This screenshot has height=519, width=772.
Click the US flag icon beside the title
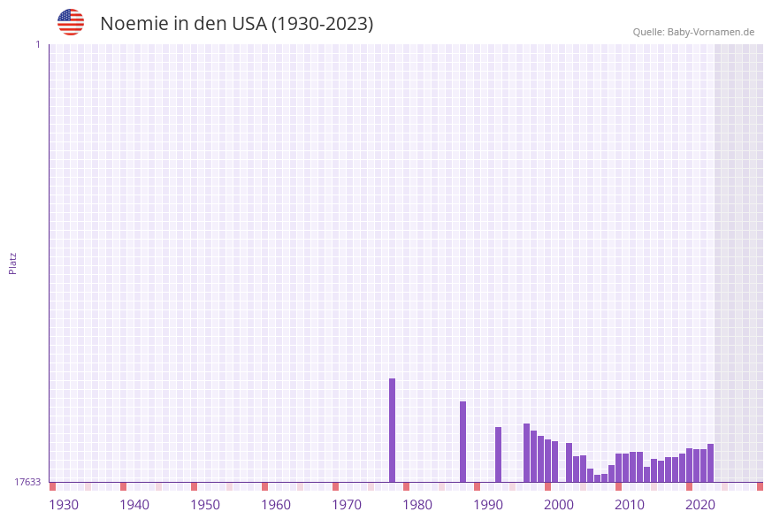point(71,22)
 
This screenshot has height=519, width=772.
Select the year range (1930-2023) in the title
point(322,24)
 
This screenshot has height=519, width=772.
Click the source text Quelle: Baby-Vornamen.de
point(693,32)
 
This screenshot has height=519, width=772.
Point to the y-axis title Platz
point(13,263)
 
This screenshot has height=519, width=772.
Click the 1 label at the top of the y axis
point(37,44)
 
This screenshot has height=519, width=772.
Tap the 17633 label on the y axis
point(27,482)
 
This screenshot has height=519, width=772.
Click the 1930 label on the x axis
point(64,505)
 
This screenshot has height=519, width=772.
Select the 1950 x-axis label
point(205,505)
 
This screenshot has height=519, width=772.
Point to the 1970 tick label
point(347,505)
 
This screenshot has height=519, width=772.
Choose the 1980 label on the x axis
point(417,505)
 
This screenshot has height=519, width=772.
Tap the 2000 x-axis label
point(559,505)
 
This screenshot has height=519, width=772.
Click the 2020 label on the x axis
point(700,505)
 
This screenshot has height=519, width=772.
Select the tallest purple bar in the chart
point(392,430)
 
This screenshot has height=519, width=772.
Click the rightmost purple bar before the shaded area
point(710,462)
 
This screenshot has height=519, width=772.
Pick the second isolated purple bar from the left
point(462,441)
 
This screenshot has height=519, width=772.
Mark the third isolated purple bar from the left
point(498,454)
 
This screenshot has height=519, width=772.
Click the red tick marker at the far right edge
point(760,486)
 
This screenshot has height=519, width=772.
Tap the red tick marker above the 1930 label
point(52,486)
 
